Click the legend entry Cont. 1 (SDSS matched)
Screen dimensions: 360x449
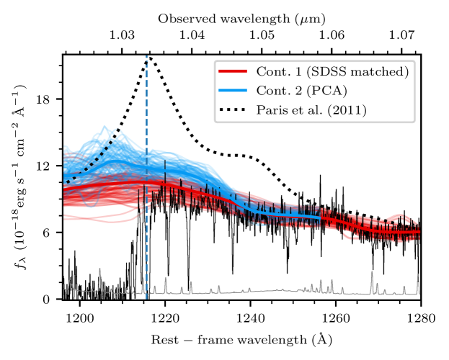(333, 71)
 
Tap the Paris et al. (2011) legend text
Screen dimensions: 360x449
(311, 110)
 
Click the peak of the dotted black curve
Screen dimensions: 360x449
(148, 57)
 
